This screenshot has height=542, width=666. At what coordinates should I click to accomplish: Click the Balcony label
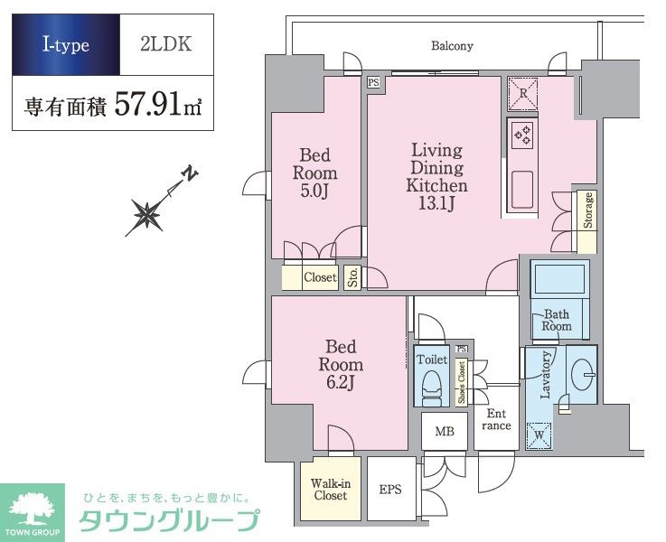tap(452, 46)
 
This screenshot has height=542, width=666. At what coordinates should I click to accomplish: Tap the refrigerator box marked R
tap(523, 93)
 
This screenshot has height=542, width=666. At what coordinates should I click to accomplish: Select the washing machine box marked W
tap(539, 435)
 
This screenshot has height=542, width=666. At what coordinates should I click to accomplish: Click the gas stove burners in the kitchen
tap(523, 135)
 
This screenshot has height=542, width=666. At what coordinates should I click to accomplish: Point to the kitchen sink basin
tap(523, 190)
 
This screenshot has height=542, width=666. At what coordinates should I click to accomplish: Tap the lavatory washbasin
tap(583, 374)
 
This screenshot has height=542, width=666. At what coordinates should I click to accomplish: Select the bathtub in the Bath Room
tap(559, 279)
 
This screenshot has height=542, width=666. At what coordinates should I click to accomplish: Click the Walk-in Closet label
tap(331, 489)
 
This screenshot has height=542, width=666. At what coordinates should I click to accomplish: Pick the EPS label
tap(390, 490)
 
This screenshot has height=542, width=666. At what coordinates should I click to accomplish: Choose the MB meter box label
tap(445, 432)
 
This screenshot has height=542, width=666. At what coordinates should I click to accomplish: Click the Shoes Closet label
tap(461, 382)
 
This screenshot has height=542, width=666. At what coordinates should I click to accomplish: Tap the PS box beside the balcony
tap(373, 82)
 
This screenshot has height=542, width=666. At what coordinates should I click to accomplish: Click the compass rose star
tap(146, 214)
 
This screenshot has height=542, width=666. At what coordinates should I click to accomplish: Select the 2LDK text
tap(166, 44)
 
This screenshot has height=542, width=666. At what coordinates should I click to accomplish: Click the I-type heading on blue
tap(66, 45)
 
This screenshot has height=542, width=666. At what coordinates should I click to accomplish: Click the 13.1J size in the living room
tap(436, 204)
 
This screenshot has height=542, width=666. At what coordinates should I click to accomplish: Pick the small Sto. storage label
tap(352, 277)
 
